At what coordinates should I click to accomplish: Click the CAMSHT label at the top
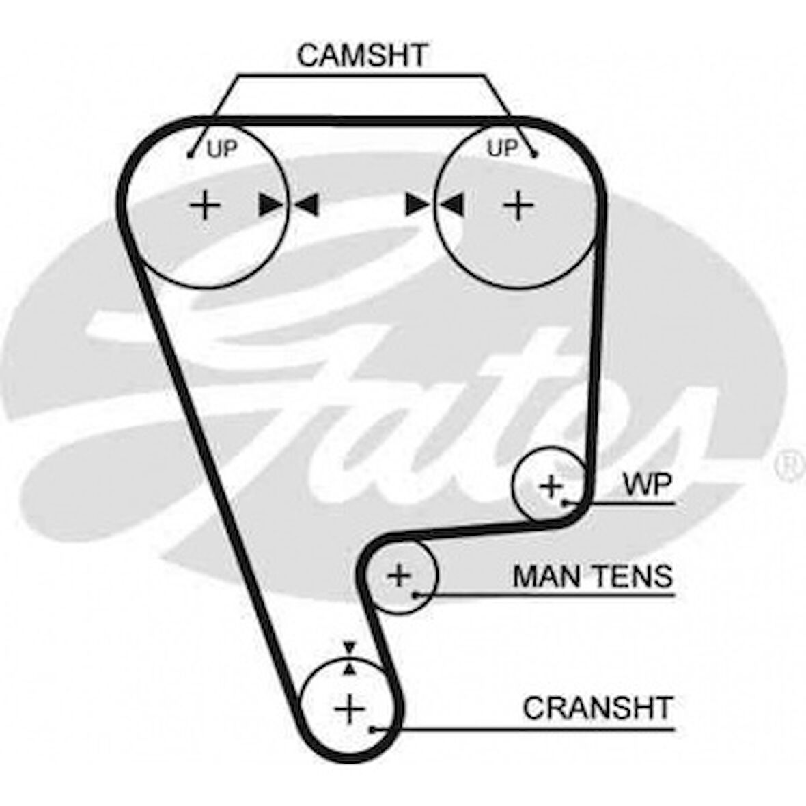coord(363,55)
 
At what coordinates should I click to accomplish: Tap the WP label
coord(647,484)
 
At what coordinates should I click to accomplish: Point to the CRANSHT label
coord(598,708)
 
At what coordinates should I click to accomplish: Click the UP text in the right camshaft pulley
coord(502,148)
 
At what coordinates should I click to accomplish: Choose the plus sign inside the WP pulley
coord(551,486)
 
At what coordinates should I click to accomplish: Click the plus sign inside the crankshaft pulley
coord(350,709)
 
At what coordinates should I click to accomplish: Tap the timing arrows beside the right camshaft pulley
coord(434,204)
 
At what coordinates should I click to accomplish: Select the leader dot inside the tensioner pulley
coord(415,595)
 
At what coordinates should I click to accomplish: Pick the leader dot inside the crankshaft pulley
coord(372,729)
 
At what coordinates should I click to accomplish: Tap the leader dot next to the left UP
coord(191,155)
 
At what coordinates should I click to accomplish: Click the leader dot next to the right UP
coord(535,155)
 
